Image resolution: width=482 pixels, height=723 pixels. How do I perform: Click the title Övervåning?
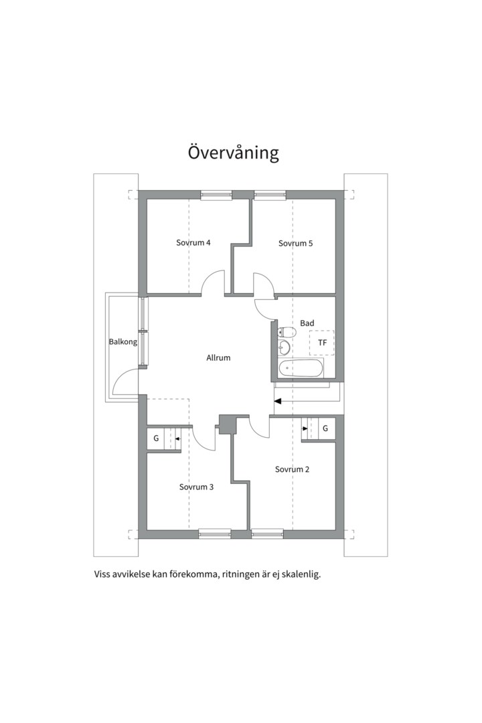coord(233,153)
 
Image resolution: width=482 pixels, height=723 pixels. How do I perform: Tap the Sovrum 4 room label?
coord(193,242)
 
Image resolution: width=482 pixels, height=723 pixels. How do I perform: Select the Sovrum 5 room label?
coord(295,243)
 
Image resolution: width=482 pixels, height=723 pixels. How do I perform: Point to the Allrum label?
coord(218,357)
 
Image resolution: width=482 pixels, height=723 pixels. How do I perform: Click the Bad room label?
coord(307,323)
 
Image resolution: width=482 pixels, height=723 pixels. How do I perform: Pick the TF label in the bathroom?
coord(322,343)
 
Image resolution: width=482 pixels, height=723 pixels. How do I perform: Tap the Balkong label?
coord(123,342)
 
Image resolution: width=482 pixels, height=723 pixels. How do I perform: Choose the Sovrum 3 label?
coord(197,487)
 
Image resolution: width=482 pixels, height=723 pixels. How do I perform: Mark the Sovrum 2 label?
coord(292,469)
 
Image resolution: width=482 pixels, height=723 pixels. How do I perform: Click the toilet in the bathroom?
coord(287,331)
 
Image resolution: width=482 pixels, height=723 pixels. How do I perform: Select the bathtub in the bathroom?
coord(301,368)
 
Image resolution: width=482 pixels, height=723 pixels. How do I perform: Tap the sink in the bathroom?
coord(284,347)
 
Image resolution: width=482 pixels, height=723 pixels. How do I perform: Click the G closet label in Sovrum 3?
coord(156,438)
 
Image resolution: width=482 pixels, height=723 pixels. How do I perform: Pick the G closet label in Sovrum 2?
coord(325,428)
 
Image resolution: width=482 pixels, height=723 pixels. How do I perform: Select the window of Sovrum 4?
coord(216,195)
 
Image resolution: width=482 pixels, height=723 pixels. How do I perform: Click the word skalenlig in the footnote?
coord(302,575)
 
